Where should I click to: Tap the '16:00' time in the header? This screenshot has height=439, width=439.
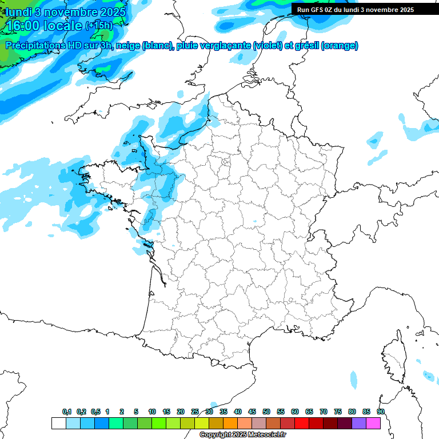click(22, 25)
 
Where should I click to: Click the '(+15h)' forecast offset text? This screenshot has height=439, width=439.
click(98, 26)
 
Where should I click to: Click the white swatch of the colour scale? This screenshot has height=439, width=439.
click(58, 423)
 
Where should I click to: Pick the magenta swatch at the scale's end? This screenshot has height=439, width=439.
click(373, 423)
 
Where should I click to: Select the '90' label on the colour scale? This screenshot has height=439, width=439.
click(381, 412)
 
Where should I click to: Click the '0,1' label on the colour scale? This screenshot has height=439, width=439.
click(66, 412)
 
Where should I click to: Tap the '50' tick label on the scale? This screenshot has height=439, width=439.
click(266, 412)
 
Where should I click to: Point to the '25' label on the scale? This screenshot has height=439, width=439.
click(195, 412)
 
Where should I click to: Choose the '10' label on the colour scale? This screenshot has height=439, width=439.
click(152, 412)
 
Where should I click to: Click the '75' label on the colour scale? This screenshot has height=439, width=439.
click(338, 412)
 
